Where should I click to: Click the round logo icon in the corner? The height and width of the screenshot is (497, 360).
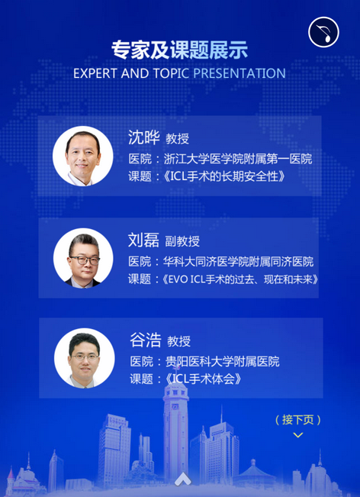coord(323,32)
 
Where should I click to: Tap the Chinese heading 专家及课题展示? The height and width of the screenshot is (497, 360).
coord(179,50)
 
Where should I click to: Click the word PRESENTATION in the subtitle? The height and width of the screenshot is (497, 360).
coord(239,73)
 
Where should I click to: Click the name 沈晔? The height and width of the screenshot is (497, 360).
coord(144,137)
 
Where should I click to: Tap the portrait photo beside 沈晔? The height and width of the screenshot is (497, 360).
coord(83,156)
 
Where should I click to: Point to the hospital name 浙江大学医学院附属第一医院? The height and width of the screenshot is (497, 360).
coord(238,159)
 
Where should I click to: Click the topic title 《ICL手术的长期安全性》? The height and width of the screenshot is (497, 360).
coord(224,176)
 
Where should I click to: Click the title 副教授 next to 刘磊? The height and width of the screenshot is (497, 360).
coord(182,241)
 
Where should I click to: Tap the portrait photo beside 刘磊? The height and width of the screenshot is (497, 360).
coord(83,258)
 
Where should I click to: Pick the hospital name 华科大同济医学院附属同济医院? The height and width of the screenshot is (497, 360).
coord(238,262)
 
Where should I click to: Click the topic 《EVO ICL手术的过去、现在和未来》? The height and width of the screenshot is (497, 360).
coord(240,280)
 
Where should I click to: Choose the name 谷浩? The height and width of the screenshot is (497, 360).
coord(146,340)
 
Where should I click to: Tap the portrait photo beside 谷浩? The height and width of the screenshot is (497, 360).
coord(84,358)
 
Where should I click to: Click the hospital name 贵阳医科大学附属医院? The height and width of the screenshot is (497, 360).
coord(222,361)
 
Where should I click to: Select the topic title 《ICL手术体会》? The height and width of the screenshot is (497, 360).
coord(203,379)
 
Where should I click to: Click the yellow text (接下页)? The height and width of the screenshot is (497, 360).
coord(298,420)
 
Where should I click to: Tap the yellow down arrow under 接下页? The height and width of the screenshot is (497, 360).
coord(298,435)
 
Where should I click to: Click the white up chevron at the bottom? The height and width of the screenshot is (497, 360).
coord(183,479)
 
